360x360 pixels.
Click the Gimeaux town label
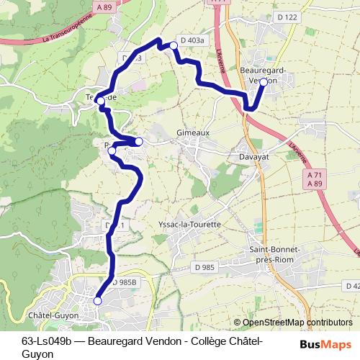click(191, 133)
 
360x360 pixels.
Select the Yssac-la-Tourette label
click(189, 225)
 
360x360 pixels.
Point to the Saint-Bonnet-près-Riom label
click(274, 253)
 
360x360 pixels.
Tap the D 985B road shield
click(125, 282)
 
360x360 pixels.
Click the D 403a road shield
click(192, 40)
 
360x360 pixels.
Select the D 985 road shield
click(204, 268)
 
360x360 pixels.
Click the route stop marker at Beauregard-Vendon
click(264, 82)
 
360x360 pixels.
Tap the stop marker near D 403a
click(173, 46)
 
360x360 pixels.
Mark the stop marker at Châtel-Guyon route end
click(98, 301)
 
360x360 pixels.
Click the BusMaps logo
click(325, 344)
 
